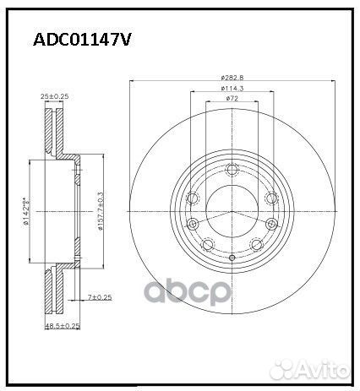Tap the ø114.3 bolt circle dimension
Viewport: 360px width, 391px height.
click(232, 89)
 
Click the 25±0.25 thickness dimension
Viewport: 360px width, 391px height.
click(54, 96)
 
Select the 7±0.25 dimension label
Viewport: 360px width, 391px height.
click(101, 298)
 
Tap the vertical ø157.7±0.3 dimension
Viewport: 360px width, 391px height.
click(101, 210)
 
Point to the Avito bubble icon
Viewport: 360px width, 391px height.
click(292, 369)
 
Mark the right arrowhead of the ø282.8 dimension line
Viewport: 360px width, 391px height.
click(331, 82)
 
